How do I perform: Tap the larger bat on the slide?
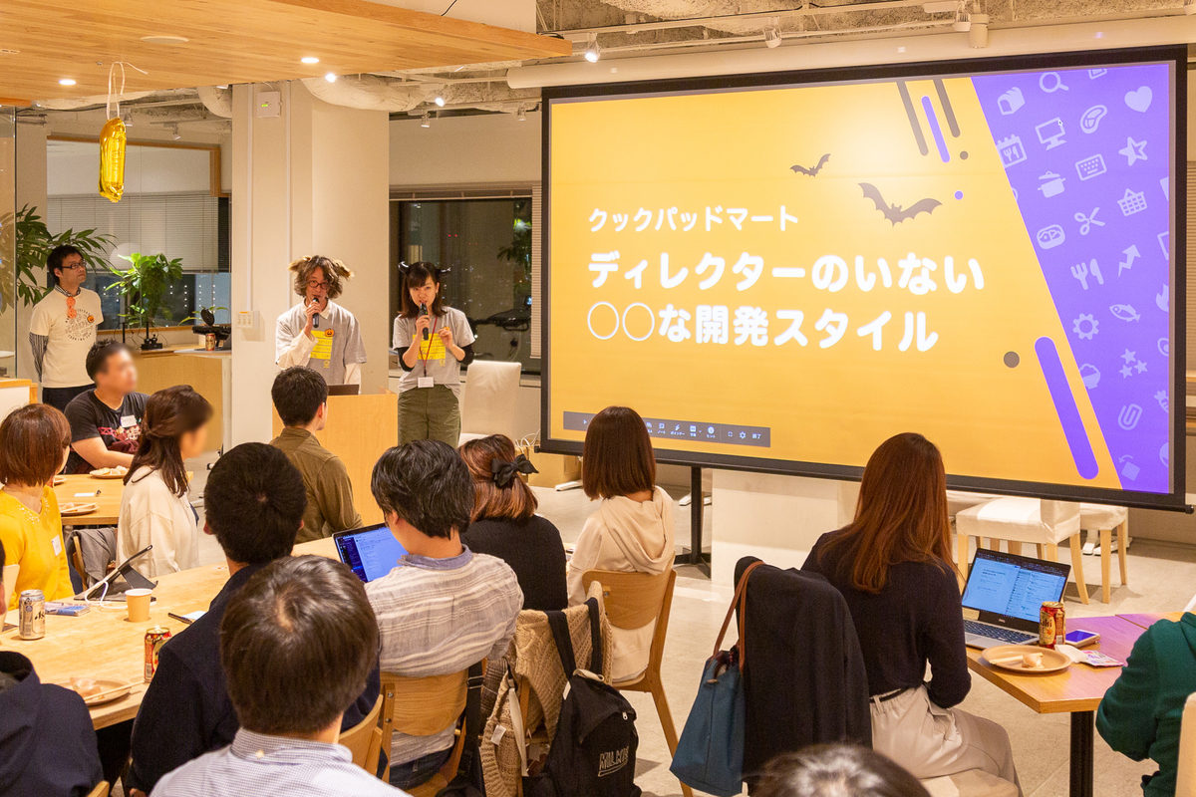click(x=898, y=205)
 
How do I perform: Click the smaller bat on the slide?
click(x=810, y=166)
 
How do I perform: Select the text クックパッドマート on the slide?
click(x=693, y=219)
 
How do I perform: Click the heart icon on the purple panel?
click(x=1137, y=99)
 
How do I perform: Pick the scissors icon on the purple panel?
click(x=1088, y=220)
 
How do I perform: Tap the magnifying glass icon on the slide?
click(x=1052, y=82)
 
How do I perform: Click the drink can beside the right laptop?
click(x=1050, y=624)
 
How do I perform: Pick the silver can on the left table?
click(x=32, y=614)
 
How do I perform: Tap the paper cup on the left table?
click(x=139, y=605)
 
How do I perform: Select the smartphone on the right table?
click(x=1081, y=637)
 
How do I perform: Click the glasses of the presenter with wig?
click(x=318, y=285)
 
